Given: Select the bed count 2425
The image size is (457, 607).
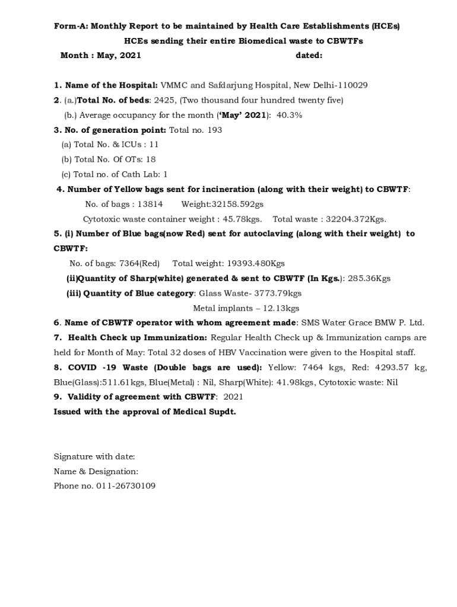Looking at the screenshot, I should point(164,100).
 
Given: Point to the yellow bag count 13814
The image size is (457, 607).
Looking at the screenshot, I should point(150,204).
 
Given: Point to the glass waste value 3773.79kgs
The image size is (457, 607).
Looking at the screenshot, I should point(278,293).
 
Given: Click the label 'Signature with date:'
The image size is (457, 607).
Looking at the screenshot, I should point(94,456).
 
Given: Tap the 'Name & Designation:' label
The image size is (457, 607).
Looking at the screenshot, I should point(96,471).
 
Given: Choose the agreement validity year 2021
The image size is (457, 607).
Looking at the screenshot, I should point(233,397).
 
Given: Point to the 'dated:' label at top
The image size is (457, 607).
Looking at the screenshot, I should point(309,56).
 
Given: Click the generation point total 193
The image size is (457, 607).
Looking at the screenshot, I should point(215,130).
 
